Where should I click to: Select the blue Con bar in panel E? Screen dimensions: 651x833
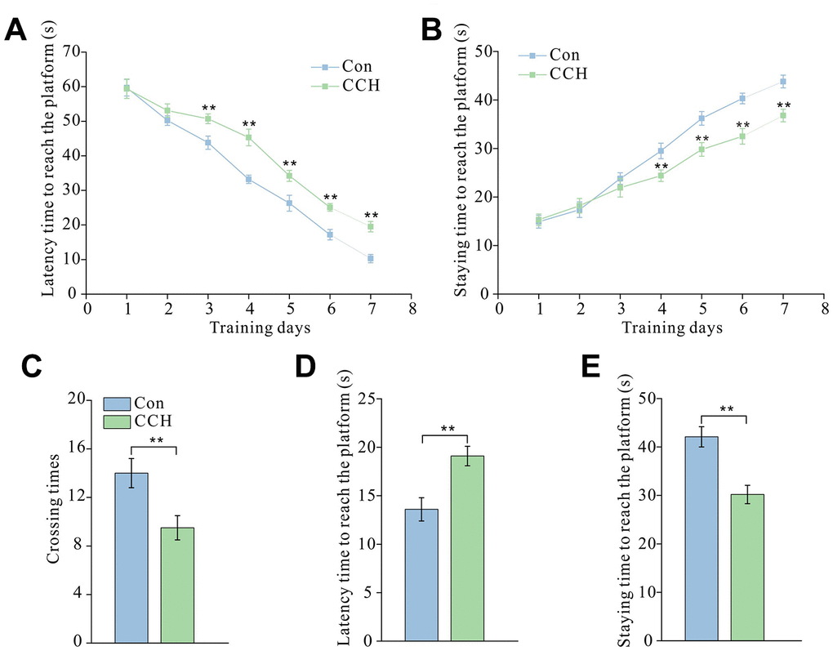click(702, 539)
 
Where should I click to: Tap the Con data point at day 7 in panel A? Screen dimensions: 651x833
click(371, 258)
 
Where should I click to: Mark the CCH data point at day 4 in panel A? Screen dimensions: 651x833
click(248, 137)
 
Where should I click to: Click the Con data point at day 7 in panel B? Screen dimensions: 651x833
click(783, 82)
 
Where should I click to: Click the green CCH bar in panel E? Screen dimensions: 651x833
click(747, 568)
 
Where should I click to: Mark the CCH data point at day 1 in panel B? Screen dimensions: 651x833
click(539, 219)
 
